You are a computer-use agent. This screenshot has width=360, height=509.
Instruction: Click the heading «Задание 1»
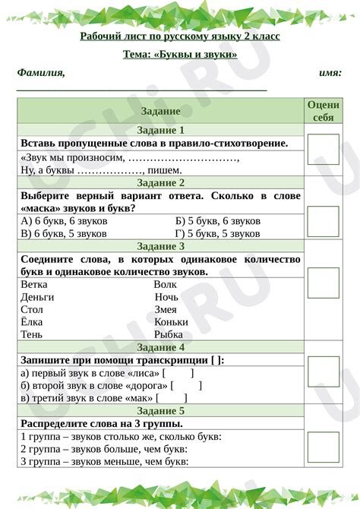[x=160, y=130]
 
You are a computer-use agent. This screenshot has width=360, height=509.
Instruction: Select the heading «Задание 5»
[x=160, y=411]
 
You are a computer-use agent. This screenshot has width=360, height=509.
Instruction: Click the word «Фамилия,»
[x=41, y=73]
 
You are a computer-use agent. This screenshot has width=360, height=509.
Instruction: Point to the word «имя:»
[x=330, y=73]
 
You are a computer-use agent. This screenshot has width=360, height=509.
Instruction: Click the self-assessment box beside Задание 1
[x=323, y=150]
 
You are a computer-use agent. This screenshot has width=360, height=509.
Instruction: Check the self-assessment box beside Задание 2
[x=323, y=221]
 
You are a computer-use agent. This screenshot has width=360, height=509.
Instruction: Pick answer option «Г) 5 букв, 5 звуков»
[x=217, y=234]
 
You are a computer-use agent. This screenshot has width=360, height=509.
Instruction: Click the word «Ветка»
[x=35, y=285]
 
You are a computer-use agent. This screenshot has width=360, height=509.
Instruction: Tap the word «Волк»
[x=165, y=285]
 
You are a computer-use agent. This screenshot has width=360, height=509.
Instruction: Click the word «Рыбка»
[x=168, y=334]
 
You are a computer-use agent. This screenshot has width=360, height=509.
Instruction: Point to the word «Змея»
[x=166, y=310]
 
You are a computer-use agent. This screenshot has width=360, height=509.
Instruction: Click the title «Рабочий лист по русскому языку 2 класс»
[x=180, y=36]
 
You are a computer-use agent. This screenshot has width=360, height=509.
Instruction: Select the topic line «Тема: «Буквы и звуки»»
[x=180, y=55]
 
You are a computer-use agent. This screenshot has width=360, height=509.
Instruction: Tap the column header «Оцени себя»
[x=322, y=111]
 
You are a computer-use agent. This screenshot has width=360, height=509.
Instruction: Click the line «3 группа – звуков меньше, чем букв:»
[x=104, y=461]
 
